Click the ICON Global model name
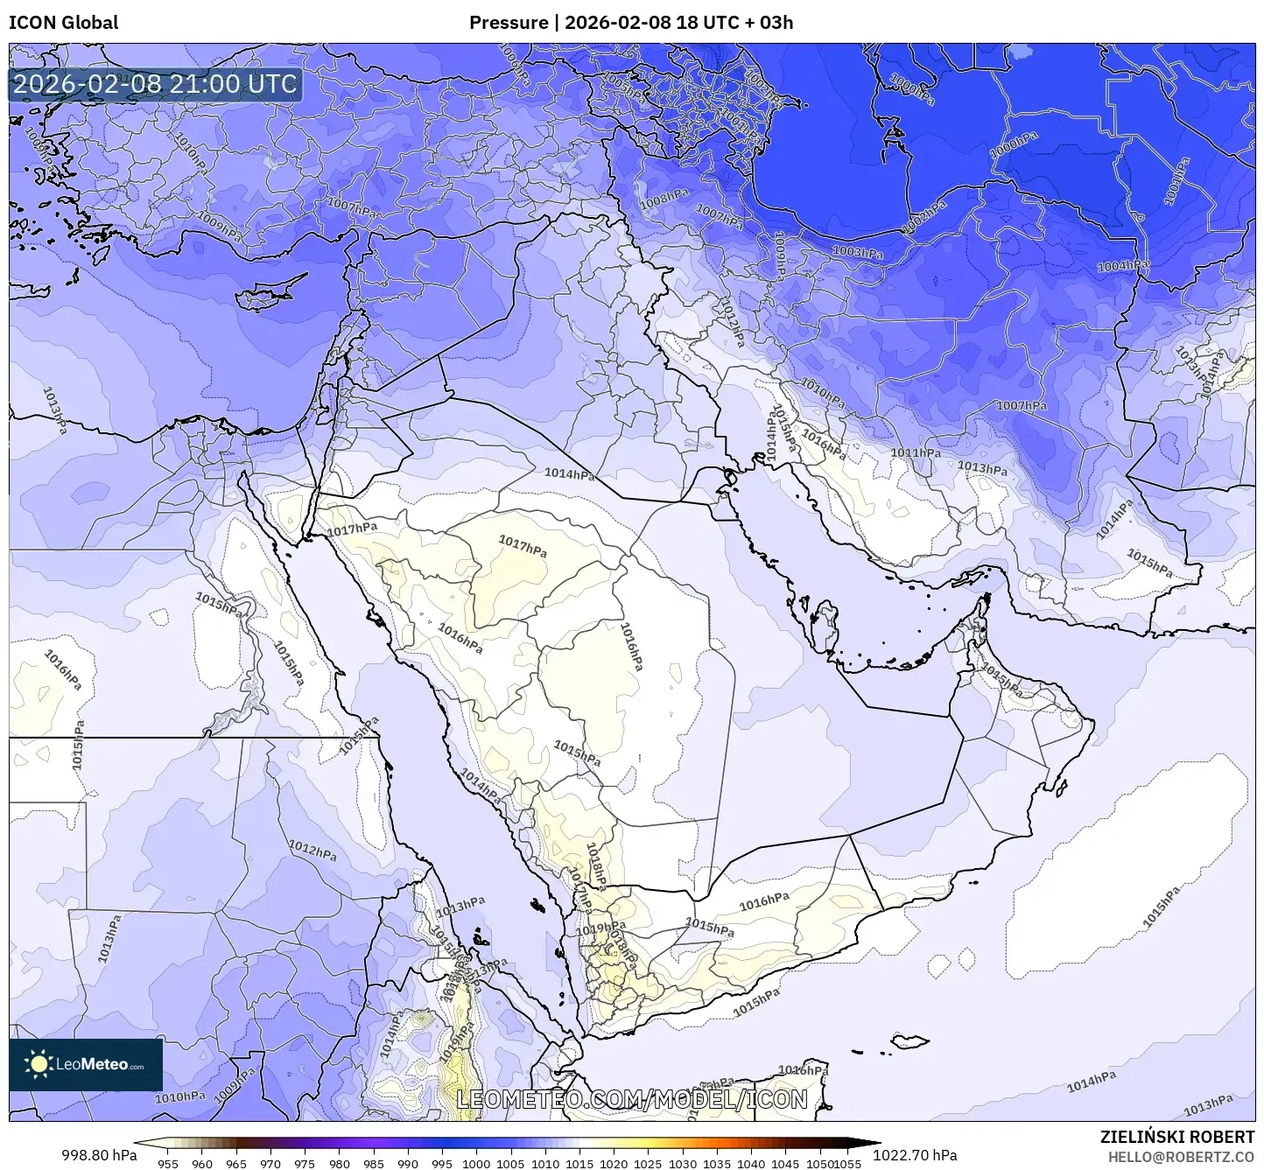(63, 22)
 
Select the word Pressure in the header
(509, 22)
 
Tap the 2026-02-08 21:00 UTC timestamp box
(156, 84)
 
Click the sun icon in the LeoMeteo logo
(39, 1064)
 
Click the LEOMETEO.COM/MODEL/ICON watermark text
(632, 1099)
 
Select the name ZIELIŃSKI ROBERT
(1177, 1137)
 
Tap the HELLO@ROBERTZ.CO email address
(1181, 1156)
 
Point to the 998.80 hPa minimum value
(99, 1155)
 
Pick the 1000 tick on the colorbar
(476, 1163)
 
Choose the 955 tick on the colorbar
(167, 1163)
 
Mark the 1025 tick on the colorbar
(648, 1163)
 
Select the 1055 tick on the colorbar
(847, 1163)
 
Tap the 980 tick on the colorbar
(339, 1163)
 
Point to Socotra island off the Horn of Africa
(910, 1040)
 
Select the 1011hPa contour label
(916, 453)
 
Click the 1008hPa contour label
(664, 200)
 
